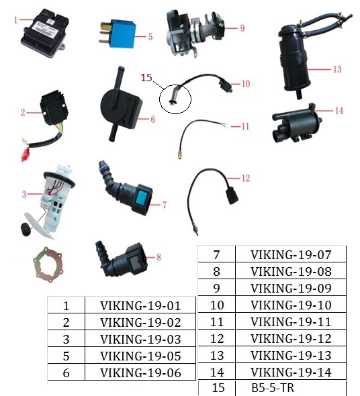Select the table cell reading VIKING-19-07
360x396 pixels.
tap(291, 254)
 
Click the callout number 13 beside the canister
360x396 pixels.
tap(337, 69)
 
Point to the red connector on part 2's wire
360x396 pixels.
tap(25, 154)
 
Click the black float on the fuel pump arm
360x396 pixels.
tap(26, 230)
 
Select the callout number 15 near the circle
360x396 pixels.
tap(146, 78)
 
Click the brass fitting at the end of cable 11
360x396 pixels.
tap(179, 154)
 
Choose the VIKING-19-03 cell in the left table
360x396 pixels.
tap(140, 339)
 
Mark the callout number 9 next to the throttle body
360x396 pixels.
tap(242, 28)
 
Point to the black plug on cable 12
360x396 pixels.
tap(232, 197)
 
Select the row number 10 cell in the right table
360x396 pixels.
tap(217, 305)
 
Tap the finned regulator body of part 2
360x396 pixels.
tap(54, 108)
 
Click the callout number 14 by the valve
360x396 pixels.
tap(339, 111)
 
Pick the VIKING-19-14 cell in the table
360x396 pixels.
tap(291, 372)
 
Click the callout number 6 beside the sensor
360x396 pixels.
tap(152, 119)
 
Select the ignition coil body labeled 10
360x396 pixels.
tap(224, 84)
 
